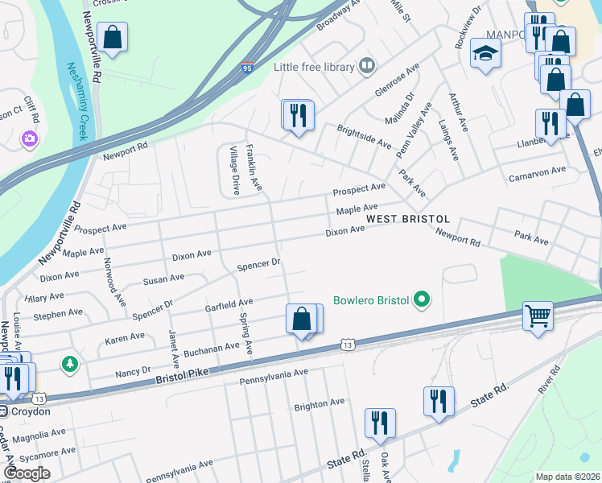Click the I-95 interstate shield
(248, 69)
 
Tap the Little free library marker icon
(368, 65)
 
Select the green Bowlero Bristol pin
(421, 301)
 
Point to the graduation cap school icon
(486, 53)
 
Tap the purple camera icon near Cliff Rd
(31, 139)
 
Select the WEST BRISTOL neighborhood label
(407, 219)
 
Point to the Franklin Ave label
(254, 167)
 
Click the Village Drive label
(234, 171)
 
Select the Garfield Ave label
(229, 304)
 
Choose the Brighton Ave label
(319, 402)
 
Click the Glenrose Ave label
(397, 84)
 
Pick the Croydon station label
(29, 411)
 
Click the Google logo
(27, 473)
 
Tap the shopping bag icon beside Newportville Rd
(112, 37)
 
